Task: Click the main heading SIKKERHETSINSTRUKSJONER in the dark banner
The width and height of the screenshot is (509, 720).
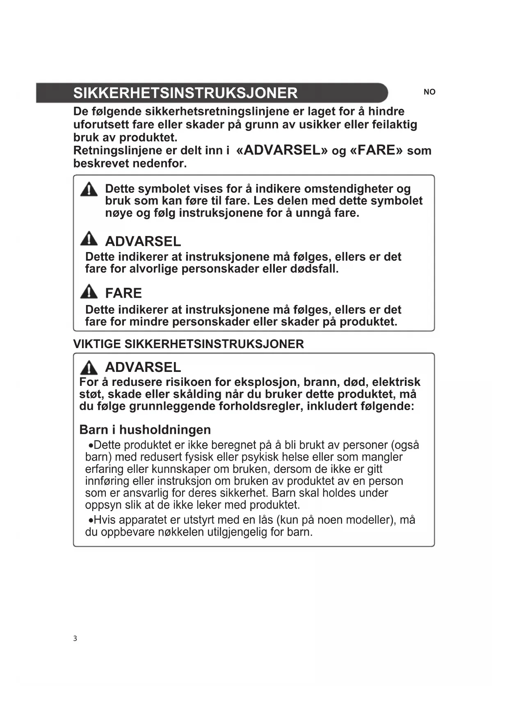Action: tap(185, 93)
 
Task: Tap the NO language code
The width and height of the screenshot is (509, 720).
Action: tap(429, 92)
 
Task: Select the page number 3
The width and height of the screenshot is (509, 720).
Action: tap(75, 638)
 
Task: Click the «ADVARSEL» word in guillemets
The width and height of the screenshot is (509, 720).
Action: tap(282, 150)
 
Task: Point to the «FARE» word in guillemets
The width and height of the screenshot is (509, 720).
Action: tap(376, 150)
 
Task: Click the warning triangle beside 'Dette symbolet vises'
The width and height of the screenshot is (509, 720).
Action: tap(89, 190)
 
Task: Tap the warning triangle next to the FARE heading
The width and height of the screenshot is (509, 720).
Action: tap(89, 291)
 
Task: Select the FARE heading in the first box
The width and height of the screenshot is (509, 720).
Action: tap(123, 293)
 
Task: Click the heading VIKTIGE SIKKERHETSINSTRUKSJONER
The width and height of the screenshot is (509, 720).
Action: tap(188, 344)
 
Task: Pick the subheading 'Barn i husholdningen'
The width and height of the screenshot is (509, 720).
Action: tap(145, 430)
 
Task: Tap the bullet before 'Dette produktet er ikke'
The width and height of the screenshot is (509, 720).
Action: tap(91, 446)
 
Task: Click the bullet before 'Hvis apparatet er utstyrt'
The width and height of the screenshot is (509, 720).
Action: tap(91, 521)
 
